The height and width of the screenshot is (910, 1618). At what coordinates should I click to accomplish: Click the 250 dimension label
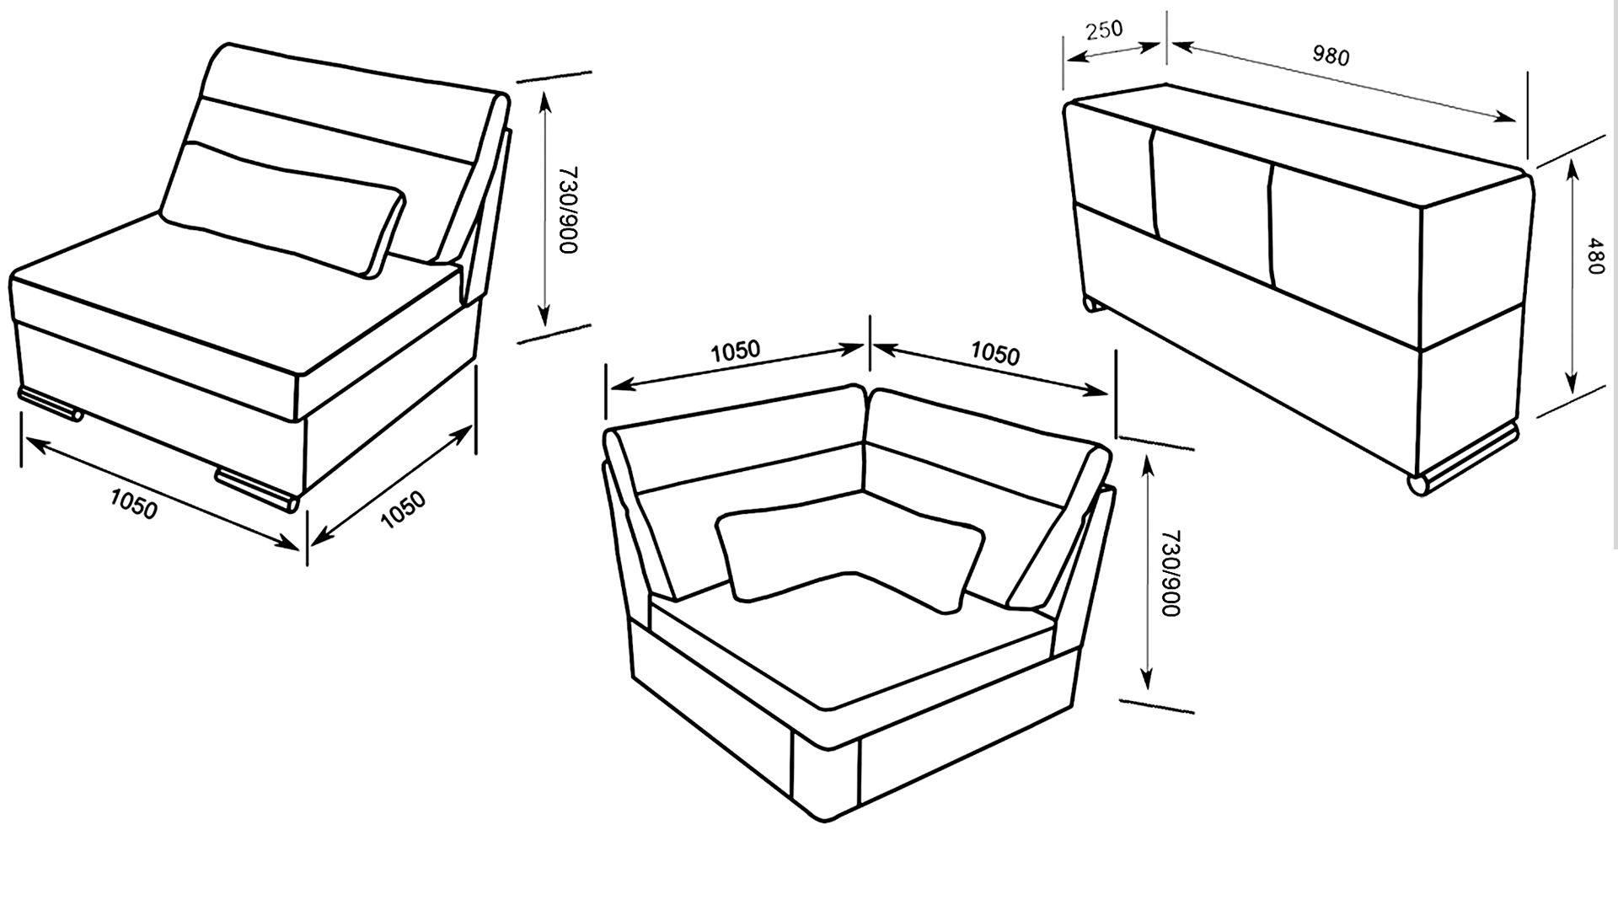(x=1104, y=29)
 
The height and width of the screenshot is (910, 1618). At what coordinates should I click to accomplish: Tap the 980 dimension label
(x=1331, y=56)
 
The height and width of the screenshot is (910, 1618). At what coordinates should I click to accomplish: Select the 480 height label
(x=1594, y=255)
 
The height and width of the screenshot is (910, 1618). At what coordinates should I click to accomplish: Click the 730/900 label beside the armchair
(x=568, y=210)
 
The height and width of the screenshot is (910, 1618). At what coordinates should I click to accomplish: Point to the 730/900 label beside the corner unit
(x=1171, y=573)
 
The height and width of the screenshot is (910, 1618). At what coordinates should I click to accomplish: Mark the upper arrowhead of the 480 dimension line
(x=1572, y=171)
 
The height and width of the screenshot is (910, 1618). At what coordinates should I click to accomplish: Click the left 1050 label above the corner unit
(x=735, y=351)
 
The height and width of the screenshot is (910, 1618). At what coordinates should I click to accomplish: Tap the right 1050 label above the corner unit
(x=995, y=354)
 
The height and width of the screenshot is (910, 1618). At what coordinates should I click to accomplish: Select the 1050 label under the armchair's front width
(x=134, y=505)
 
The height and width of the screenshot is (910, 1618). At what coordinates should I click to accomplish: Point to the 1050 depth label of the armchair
(x=403, y=510)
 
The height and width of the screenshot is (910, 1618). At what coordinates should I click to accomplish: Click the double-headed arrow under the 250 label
(x=1114, y=52)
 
